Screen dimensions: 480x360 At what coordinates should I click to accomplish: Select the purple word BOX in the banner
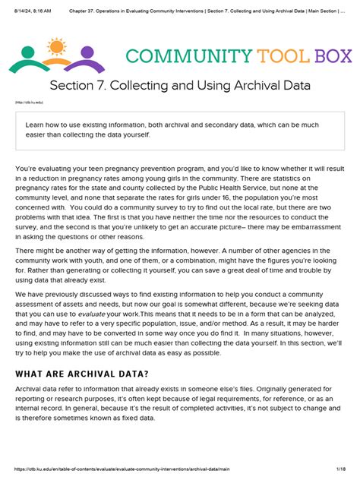[331, 55]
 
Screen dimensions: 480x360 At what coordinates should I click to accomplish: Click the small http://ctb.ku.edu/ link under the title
[28, 103]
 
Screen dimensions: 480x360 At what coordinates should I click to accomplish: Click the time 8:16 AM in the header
[42, 5]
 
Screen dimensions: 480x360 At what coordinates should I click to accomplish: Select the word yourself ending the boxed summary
[132, 134]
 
